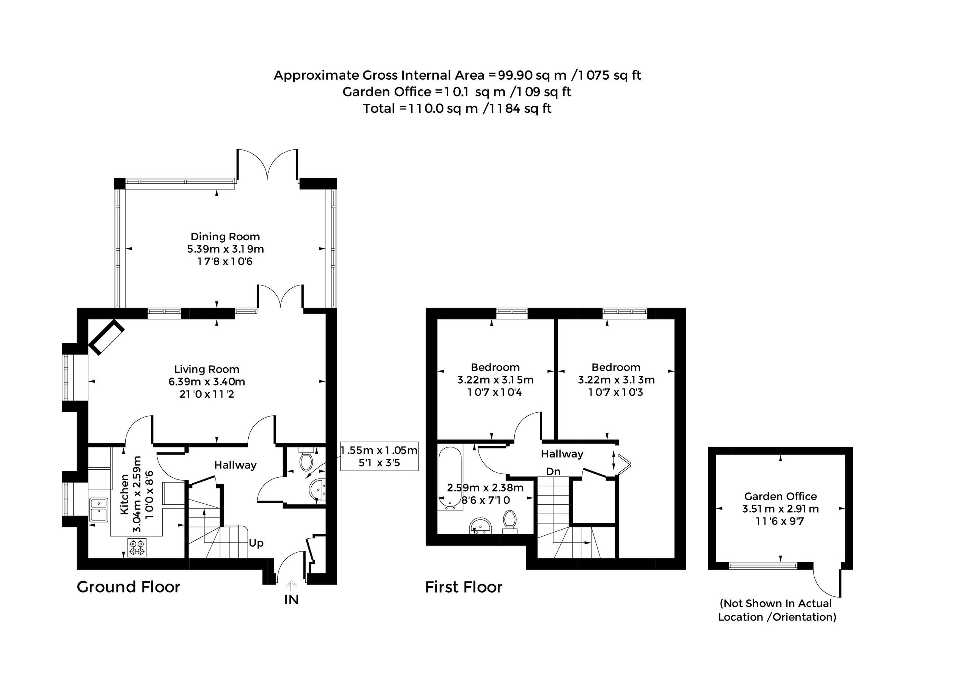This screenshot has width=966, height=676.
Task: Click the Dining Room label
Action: (x=225, y=237)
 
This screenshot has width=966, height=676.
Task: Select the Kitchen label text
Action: (x=125, y=494)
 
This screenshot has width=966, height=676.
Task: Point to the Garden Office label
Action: (x=780, y=496)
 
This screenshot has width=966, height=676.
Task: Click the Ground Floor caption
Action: (x=128, y=587)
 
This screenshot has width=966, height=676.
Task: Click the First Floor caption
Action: (x=464, y=587)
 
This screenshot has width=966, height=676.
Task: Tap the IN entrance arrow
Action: (x=291, y=585)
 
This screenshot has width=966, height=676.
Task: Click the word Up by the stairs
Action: (x=256, y=544)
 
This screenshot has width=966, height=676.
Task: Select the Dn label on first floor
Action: (x=553, y=472)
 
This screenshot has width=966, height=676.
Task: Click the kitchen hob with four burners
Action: (x=137, y=548)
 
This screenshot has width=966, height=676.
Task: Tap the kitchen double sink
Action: (x=98, y=510)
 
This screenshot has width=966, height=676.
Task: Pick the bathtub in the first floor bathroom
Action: (x=450, y=478)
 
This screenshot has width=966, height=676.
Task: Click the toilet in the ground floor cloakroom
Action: (x=306, y=461)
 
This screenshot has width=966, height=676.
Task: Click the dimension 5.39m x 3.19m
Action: (x=226, y=249)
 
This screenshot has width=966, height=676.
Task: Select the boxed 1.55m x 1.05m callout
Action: (x=380, y=456)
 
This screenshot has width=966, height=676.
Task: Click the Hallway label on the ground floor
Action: (x=235, y=465)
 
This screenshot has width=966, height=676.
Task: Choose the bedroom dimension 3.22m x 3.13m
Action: (x=616, y=380)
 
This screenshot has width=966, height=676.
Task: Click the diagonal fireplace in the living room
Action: (x=106, y=337)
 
